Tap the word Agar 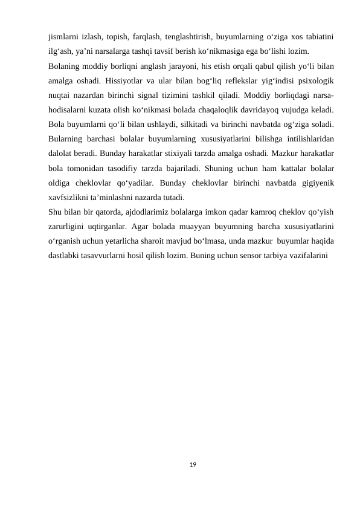point(140,227)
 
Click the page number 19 point(192,464)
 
